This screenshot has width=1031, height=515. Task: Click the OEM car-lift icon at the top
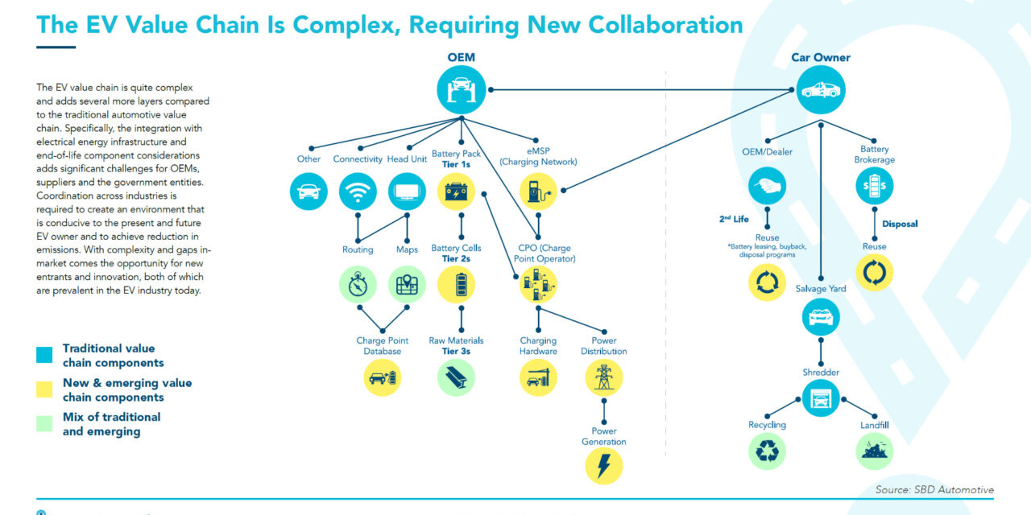pos(461,89)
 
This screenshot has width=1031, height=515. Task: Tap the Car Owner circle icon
pos(822,89)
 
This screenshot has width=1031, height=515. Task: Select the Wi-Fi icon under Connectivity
pos(358,192)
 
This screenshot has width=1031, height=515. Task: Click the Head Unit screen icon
pos(407,192)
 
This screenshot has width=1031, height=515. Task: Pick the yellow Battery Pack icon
pos(456,192)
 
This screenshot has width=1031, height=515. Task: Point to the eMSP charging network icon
pos(538,192)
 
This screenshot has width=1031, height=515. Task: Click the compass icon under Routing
pos(358,285)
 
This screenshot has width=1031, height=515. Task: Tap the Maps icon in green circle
pos(407,285)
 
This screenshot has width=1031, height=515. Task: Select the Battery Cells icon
pos(456,285)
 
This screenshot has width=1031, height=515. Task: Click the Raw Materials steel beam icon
pos(456,377)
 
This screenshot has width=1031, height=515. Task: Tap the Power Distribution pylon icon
pos(604,377)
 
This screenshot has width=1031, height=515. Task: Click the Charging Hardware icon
pos(538,377)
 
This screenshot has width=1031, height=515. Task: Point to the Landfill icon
pos(874,451)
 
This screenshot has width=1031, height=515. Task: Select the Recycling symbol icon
pos(768,451)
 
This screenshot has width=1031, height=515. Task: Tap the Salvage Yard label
pos(821,289)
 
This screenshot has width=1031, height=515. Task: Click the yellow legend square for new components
pos(44,389)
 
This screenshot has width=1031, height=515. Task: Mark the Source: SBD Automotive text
pos(934,489)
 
